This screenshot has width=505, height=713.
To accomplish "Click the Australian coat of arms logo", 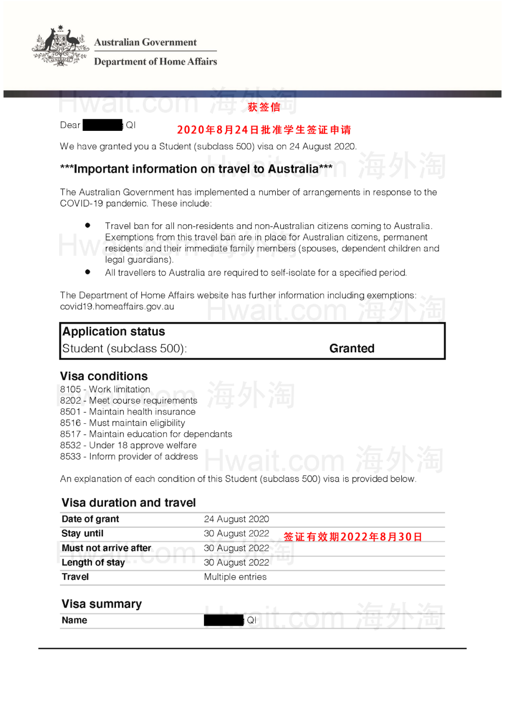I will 60,46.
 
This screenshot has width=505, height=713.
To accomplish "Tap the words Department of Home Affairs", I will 155,62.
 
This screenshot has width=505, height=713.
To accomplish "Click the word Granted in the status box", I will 352,349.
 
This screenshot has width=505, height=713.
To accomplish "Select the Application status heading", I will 114,332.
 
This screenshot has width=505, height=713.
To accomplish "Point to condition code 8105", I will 71,389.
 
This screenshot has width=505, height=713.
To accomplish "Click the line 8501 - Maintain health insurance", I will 128,412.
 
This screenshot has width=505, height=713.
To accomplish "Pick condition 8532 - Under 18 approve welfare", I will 128,445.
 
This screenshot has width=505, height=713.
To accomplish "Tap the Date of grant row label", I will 90,519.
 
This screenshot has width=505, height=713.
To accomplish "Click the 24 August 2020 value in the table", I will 236,519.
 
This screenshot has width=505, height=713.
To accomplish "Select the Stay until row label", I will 82,534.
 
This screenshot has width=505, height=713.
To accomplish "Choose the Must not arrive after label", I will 106,548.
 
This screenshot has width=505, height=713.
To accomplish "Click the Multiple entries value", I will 235,577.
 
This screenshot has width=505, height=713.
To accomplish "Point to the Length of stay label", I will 93,563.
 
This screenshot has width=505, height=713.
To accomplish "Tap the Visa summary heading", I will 101,604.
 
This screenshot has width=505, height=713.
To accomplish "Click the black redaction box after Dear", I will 102,125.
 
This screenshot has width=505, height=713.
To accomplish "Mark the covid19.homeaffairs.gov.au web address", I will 117,307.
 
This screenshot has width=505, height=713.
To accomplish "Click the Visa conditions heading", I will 104,376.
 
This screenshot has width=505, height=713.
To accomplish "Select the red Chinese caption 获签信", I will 264,107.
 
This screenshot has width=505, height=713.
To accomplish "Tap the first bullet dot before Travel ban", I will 87,225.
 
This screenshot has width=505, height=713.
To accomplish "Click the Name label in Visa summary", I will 74,620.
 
